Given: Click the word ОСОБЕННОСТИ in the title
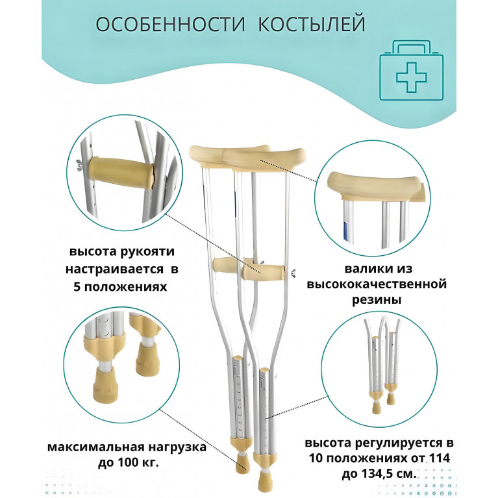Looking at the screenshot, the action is coord(171,24).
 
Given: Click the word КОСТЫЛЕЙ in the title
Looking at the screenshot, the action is coord(312,25).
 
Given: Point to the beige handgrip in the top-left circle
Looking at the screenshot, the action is coord(121,173).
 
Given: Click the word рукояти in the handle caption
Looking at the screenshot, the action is coord(148,252).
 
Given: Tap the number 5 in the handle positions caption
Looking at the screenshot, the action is coord(77,287).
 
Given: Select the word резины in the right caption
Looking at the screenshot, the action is coord(377,299).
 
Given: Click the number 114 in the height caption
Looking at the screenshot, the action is coord(440,458).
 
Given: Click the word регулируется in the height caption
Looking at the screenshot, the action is coord(400,443).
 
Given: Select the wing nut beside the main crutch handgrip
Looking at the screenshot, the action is coord(293,272).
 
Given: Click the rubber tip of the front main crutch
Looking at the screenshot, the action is coord(265,480).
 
